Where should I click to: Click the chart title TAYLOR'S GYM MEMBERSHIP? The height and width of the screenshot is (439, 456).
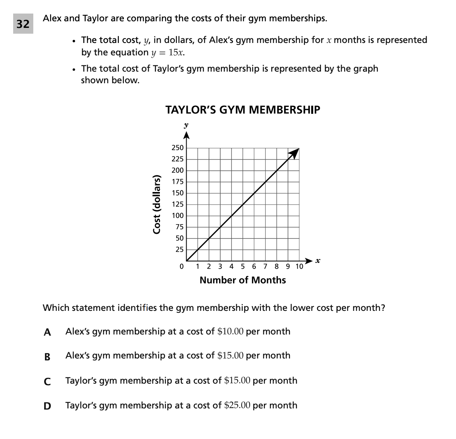pos(243,110)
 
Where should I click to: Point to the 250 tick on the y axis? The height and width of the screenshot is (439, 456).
pos(178,148)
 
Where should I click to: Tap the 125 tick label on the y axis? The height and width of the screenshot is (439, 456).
pos(178,204)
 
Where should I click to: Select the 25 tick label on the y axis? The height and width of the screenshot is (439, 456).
pos(179,250)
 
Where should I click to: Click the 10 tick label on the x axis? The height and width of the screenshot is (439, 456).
pos(299,266)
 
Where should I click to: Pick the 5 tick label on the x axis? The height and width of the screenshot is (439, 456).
pos(243,266)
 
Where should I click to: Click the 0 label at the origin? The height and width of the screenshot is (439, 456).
pos(181,267)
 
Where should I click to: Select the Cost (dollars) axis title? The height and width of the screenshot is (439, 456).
pos(157,204)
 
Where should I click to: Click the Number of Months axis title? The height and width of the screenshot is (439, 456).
pos(243,280)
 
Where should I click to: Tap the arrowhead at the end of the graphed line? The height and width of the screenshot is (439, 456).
pos(295,153)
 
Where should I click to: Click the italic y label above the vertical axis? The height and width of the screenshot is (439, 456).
pos(186,125)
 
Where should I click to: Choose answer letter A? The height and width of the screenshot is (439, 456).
pos(47,332)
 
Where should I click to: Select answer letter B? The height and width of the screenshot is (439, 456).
pos(47,357)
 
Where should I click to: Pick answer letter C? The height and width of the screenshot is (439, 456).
pos(47,381)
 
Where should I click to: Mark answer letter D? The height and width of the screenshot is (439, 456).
pos(47,406)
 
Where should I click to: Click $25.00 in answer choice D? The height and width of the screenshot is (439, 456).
pos(237,405)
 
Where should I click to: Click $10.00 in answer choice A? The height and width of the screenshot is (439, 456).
pos(231,331)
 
